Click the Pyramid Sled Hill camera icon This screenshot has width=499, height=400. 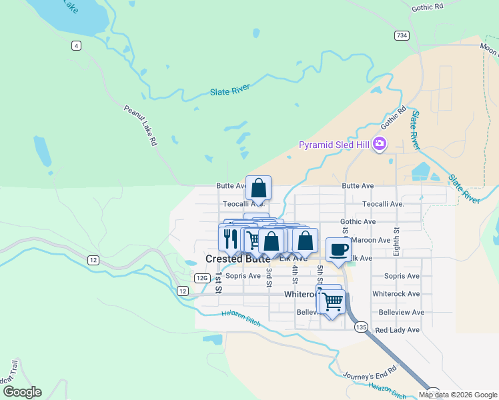click(380, 144)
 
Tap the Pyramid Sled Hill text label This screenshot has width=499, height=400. click(335, 145)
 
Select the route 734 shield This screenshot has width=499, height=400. click(402, 35)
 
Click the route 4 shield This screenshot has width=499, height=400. click(77, 45)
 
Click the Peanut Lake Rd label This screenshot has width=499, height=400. click(140, 125)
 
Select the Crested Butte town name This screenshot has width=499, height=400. click(237, 259)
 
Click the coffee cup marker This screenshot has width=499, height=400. click(339, 249)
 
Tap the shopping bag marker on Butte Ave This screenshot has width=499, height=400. click(258, 187)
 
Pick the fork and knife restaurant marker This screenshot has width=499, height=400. click(230, 238)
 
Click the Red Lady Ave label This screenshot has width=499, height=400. click(398, 330)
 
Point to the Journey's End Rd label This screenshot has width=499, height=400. click(370, 374)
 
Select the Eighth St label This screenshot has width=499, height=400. click(396, 239)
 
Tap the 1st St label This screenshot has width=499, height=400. click(218, 283)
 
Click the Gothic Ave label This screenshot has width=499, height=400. click(358, 221)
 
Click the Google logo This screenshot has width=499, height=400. click(22, 392)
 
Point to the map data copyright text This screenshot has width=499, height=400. click(458, 395)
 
